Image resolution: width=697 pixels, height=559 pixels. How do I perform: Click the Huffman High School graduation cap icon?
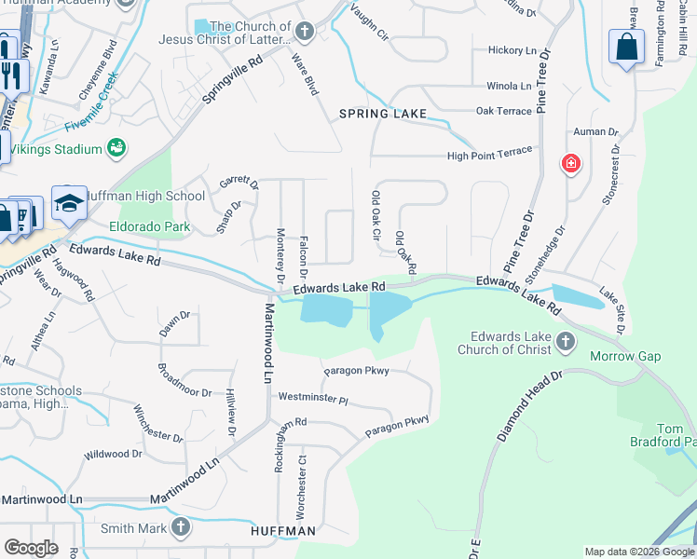click(x=69, y=203)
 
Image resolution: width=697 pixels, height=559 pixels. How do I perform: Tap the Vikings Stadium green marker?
click(x=116, y=147)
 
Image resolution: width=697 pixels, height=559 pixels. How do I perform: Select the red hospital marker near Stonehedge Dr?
click(x=570, y=165)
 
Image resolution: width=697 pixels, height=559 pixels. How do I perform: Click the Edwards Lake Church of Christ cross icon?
click(x=565, y=343)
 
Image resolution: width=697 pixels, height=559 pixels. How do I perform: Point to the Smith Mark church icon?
click(x=181, y=528)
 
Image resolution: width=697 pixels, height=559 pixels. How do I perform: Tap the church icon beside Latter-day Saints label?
click(x=304, y=33)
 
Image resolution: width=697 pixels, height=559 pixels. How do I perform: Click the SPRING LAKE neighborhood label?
click(x=382, y=114)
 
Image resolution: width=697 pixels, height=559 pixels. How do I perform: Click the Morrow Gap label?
click(x=625, y=357)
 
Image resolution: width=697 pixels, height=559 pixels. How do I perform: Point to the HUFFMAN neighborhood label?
click(x=283, y=530)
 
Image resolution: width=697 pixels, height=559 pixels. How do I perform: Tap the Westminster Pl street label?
click(x=312, y=400)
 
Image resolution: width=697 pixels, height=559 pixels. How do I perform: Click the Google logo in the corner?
click(x=32, y=547)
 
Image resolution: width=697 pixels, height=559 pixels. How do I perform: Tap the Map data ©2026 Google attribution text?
click(x=639, y=552)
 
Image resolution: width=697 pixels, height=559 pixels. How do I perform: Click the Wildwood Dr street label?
click(x=113, y=455)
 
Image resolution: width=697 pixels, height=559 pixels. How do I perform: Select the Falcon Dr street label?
click(x=304, y=257)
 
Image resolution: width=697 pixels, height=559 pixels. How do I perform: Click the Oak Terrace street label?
click(x=503, y=111)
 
